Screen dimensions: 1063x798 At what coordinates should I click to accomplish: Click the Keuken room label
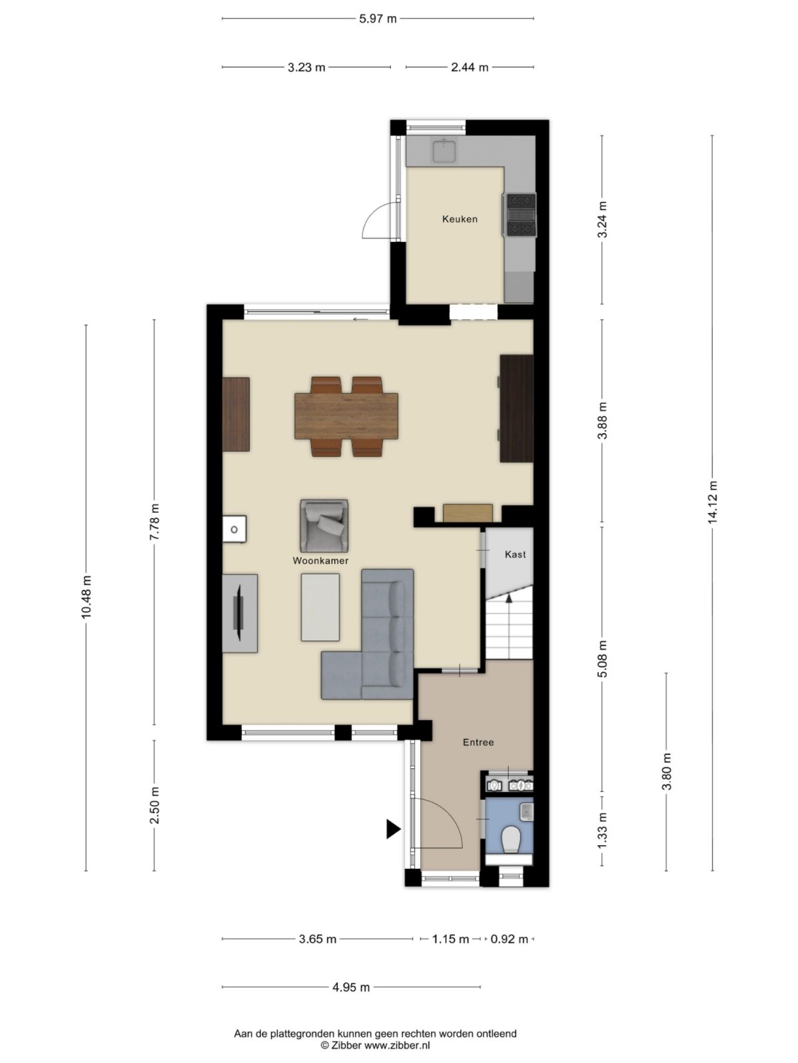pyautogui.click(x=460, y=219)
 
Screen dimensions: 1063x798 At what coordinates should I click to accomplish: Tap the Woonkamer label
pyautogui.click(x=321, y=561)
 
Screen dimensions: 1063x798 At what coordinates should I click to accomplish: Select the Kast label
pyautogui.click(x=515, y=554)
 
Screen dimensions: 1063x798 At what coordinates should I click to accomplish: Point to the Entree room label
pyautogui.click(x=478, y=742)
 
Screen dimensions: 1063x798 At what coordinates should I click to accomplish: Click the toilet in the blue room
pyautogui.click(x=511, y=840)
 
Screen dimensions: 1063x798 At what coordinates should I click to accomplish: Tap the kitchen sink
pyautogui.click(x=444, y=150)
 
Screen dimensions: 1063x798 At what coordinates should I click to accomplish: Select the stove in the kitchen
pyautogui.click(x=521, y=214)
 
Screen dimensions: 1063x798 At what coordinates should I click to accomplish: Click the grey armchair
pyautogui.click(x=324, y=526)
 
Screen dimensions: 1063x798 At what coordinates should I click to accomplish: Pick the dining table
pyautogui.click(x=346, y=416)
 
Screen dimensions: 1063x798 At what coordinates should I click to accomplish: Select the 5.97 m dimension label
pyautogui.click(x=378, y=19)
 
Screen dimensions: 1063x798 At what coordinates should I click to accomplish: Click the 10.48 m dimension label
pyautogui.click(x=86, y=597)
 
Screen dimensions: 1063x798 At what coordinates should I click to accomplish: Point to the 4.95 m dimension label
pyautogui.click(x=351, y=987)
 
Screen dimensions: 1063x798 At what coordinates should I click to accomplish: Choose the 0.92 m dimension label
pyautogui.click(x=509, y=939)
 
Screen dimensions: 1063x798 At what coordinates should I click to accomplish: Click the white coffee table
pyautogui.click(x=321, y=607)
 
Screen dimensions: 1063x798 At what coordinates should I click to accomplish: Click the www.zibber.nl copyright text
pyautogui.click(x=375, y=1045)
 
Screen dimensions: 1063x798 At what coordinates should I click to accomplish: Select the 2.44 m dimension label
pyautogui.click(x=469, y=67)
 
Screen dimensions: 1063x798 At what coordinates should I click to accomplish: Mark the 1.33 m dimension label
pyautogui.click(x=602, y=830)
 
